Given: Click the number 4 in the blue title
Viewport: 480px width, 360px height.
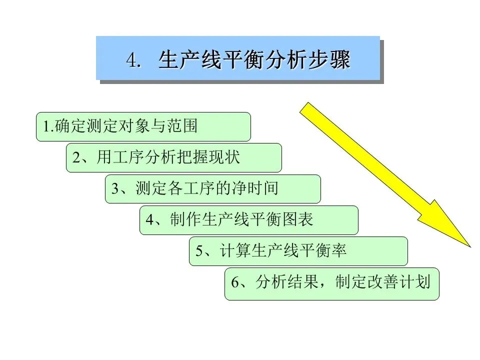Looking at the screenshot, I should pos(131,60).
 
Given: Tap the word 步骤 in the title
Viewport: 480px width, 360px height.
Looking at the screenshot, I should pos(333,60).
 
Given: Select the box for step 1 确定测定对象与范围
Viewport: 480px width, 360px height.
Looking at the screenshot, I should pos(143,126).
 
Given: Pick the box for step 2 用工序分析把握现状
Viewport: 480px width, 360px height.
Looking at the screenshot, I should pos(173,157).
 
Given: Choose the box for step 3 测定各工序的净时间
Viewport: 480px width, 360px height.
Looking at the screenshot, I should pos(212,188).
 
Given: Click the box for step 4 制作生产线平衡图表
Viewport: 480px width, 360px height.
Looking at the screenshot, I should pos(248,220).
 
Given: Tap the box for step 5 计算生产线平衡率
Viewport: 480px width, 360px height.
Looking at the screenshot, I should pos(298,251).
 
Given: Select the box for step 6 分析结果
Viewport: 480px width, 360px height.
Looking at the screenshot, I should pos(331,283).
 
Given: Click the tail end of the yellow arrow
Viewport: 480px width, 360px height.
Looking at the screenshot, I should pos(306,108).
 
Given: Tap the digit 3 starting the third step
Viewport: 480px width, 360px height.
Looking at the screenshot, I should pos(115,189).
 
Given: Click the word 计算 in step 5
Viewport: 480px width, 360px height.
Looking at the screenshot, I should pos(234,251).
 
